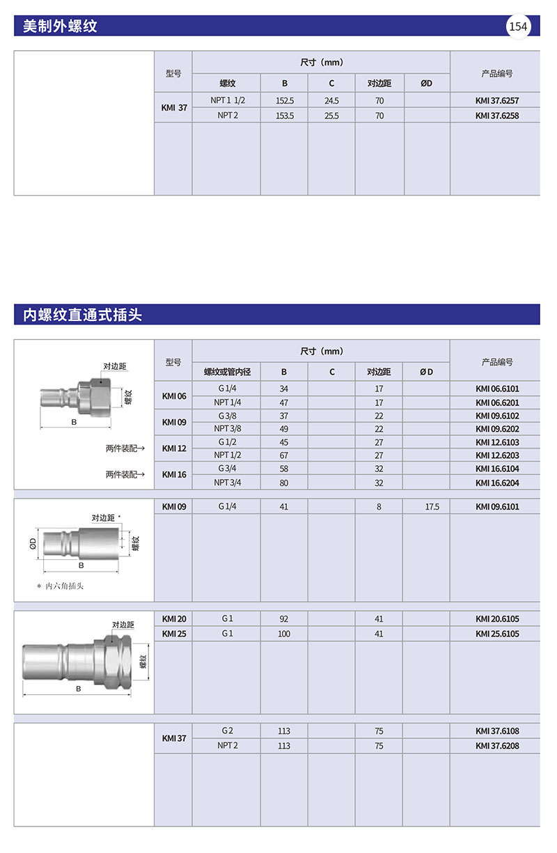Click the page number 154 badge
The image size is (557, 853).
click(x=519, y=27)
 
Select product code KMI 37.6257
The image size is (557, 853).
click(x=497, y=101)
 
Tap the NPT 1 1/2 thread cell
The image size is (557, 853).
click(x=228, y=101)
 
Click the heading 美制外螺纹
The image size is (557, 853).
click(x=60, y=27)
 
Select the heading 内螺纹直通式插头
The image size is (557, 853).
click(x=82, y=315)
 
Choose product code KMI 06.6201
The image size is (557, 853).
click(x=497, y=402)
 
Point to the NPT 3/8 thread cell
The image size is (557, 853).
click(x=227, y=429)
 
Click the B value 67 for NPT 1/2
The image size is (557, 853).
click(x=284, y=455)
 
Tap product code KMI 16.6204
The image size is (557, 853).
click(x=497, y=483)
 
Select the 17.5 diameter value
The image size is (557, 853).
click(x=432, y=507)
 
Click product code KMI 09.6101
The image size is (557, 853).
click(x=497, y=507)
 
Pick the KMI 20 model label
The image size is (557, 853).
click(x=174, y=619)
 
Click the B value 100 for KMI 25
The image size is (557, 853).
click(x=284, y=634)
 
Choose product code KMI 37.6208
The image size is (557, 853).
click(x=497, y=746)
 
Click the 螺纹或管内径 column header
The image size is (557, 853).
click(x=227, y=372)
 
